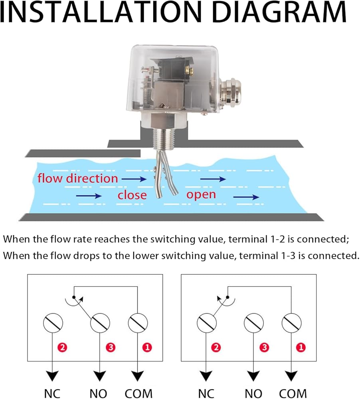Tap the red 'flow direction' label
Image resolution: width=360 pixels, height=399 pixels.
pos(78,178)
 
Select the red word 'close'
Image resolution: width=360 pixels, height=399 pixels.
pos(132,195)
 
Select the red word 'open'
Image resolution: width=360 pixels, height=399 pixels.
pos(201,195)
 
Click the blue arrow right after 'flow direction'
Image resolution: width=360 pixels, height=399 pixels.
pos(134,179)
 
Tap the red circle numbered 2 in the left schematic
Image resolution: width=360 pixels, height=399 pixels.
pos(62,348)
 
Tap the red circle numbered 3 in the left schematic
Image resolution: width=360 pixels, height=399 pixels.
pos(111,348)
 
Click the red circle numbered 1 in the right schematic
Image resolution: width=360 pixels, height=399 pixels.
pos(301,348)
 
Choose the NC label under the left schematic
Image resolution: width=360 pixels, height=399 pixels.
pos(52,393)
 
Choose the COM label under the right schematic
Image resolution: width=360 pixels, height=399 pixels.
pos(293,393)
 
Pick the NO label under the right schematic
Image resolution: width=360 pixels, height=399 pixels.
pos(253,393)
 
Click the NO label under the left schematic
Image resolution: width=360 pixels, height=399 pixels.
pos(98,393)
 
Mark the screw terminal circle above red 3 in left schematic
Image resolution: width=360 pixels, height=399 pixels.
pos(100,323)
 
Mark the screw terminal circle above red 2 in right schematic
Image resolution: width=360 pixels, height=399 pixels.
pos(207,323)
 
